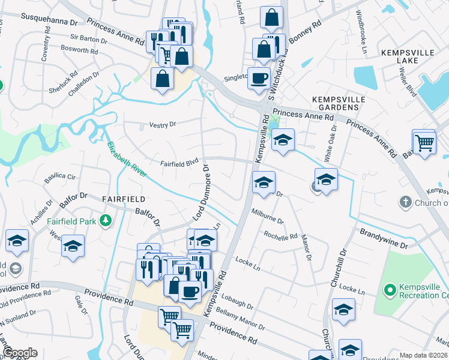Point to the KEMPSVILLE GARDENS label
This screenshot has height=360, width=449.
[335, 103]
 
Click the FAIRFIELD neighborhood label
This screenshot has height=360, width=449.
[124, 199]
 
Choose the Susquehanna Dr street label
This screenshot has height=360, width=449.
[50, 19]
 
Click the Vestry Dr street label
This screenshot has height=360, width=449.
[162, 124]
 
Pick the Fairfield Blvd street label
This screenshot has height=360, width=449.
[179, 163]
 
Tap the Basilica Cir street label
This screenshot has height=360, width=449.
[60, 178]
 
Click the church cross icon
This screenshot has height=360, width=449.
[406, 202]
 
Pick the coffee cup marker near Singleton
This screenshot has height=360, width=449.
[259, 79]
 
